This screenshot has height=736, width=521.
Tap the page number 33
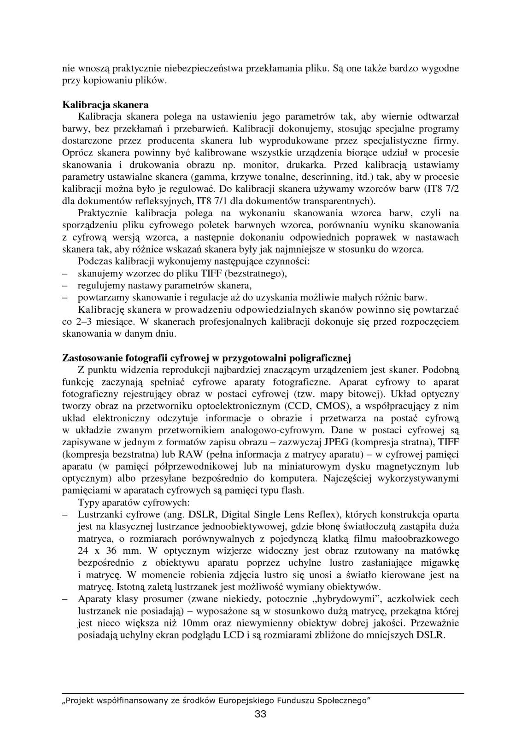tap(260, 714)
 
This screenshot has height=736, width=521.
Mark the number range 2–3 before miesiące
tap(81, 321)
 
